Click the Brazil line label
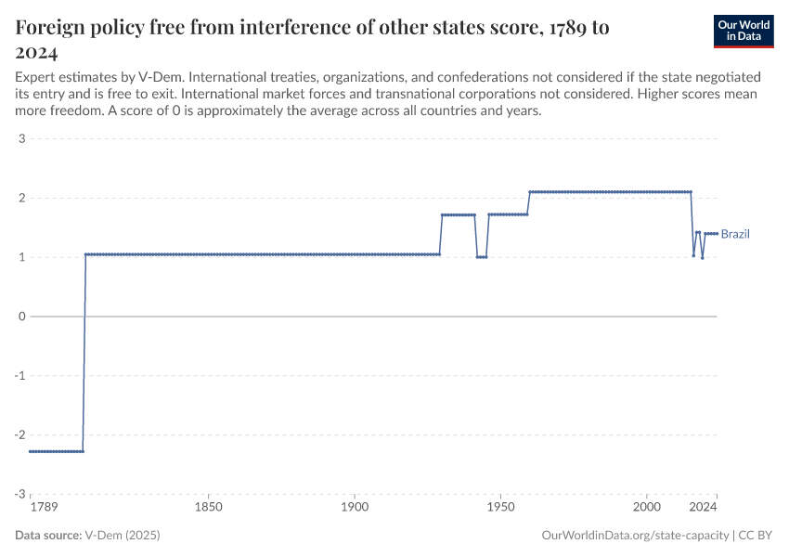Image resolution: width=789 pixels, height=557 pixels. click(x=735, y=234)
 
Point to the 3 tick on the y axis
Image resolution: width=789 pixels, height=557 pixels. click(x=21, y=139)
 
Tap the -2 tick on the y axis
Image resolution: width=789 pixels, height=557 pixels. click(x=19, y=434)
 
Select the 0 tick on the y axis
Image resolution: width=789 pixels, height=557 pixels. click(x=21, y=317)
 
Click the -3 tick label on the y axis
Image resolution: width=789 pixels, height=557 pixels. click(x=19, y=494)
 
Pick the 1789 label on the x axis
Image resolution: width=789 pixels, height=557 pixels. click(x=43, y=508)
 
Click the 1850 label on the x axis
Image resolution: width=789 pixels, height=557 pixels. click(x=209, y=508)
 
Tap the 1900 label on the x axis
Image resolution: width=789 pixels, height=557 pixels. click(x=355, y=508)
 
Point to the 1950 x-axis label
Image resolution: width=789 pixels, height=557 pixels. click(x=501, y=508)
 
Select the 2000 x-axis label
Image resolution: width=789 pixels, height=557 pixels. click(x=647, y=508)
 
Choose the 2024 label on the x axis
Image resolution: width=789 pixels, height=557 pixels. click(x=704, y=508)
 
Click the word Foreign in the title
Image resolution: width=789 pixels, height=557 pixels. click(x=51, y=28)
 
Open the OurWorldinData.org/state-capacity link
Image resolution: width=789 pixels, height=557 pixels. click(x=635, y=536)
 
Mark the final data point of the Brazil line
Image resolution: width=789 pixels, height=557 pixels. click(x=718, y=234)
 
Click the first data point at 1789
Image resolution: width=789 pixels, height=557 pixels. click(x=31, y=451)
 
